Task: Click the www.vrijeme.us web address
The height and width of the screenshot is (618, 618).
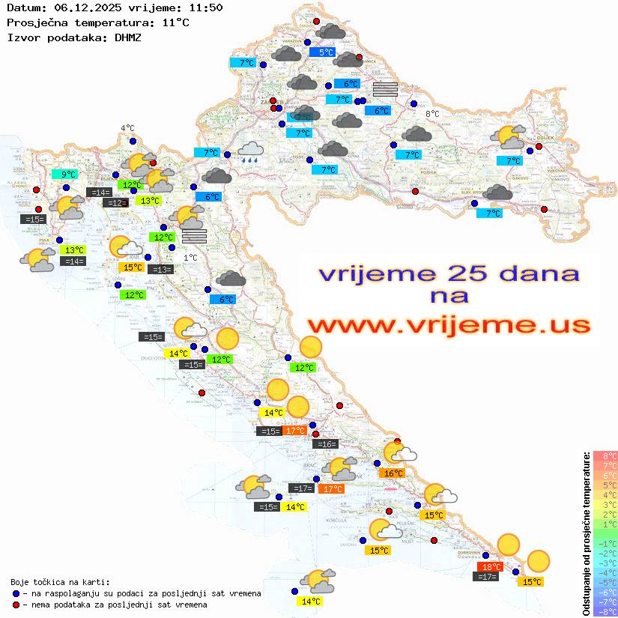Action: tap(448, 325)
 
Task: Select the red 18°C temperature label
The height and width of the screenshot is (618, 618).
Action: tap(491, 566)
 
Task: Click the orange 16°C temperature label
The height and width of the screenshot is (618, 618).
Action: tap(393, 473)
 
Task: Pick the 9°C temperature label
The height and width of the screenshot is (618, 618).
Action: tap(68, 175)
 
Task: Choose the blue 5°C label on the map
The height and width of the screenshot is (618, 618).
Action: tap(326, 52)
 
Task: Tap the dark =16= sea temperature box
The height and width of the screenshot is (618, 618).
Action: tap(325, 444)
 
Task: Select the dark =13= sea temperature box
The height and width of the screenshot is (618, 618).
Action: tap(160, 269)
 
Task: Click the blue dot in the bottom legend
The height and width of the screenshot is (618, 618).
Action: tap(16, 593)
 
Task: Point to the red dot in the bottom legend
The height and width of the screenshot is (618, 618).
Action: tap(16, 605)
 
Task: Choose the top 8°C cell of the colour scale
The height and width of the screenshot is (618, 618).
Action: tap(605, 455)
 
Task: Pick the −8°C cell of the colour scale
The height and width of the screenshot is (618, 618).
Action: tap(605, 611)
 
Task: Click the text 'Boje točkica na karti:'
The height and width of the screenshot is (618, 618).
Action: tap(60, 582)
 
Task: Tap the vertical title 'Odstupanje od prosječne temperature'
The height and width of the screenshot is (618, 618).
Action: tap(585, 534)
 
